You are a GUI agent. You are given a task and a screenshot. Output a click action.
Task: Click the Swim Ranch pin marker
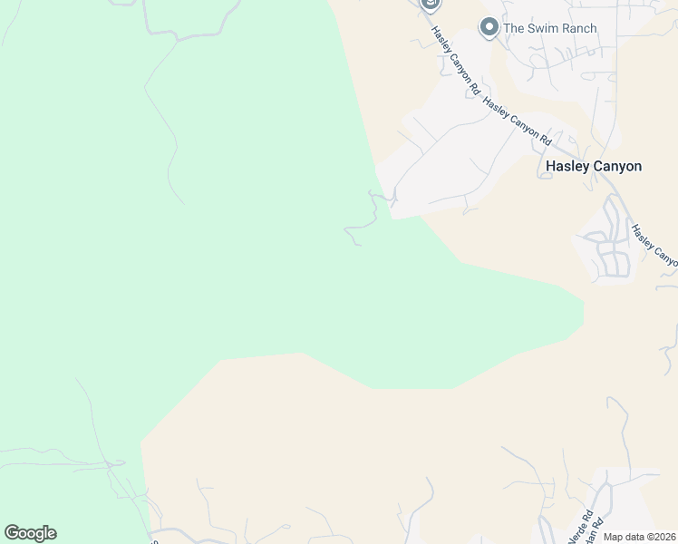[x=489, y=28]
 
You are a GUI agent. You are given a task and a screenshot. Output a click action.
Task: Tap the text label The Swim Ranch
[x=549, y=28]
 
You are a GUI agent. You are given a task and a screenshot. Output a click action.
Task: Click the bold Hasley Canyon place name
[x=594, y=166]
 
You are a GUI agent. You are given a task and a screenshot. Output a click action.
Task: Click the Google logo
[x=30, y=533]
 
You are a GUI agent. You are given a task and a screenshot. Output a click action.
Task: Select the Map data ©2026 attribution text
[x=638, y=537]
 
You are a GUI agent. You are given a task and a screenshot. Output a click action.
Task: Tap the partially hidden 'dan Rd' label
[x=593, y=530]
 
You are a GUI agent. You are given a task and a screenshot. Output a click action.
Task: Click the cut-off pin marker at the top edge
[x=431, y=5]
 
